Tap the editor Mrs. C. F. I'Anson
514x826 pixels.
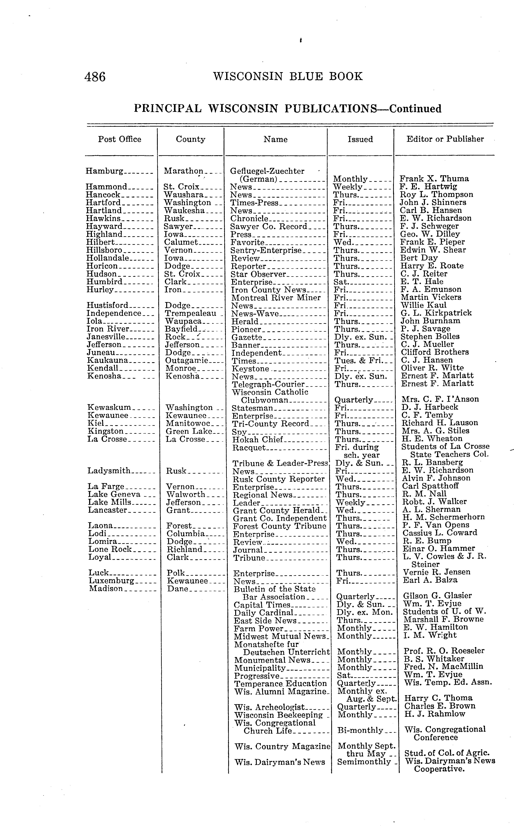tap(440, 399)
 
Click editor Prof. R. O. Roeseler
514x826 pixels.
tap(444, 651)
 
